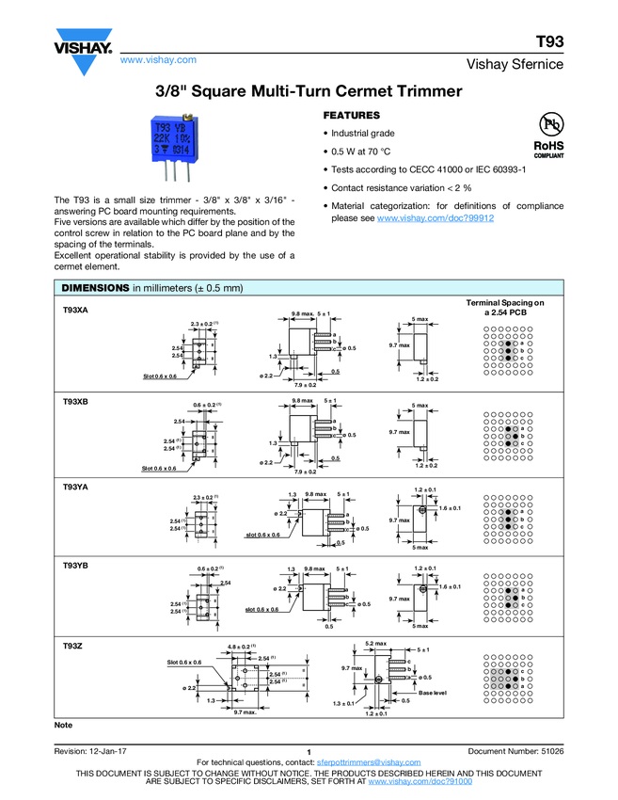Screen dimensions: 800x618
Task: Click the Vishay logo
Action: click(x=84, y=55)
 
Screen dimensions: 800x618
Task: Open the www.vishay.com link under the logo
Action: click(x=158, y=59)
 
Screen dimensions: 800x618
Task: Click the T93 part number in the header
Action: click(x=549, y=43)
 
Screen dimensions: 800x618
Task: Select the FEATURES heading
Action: click(x=352, y=115)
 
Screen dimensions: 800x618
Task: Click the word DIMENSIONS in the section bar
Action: click(x=94, y=287)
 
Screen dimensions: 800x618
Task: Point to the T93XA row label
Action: click(x=75, y=310)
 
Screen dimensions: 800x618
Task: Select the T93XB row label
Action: click(x=75, y=402)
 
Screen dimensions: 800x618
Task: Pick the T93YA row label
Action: click(x=75, y=486)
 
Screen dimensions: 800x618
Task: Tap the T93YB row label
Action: click(x=75, y=565)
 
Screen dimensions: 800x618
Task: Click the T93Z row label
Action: click(x=72, y=646)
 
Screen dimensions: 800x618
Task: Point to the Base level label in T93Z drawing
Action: click(x=432, y=692)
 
